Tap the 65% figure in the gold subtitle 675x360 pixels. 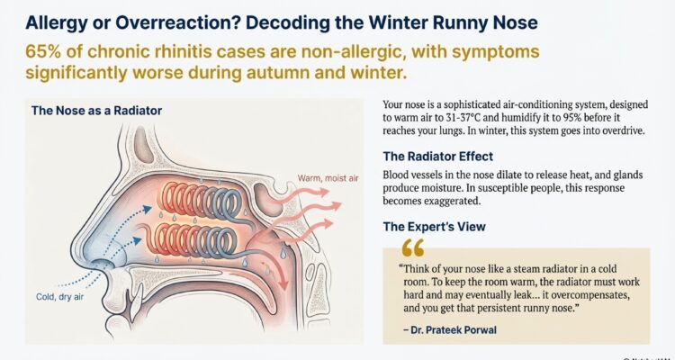[31, 51]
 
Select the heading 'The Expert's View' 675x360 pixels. [434, 226]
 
